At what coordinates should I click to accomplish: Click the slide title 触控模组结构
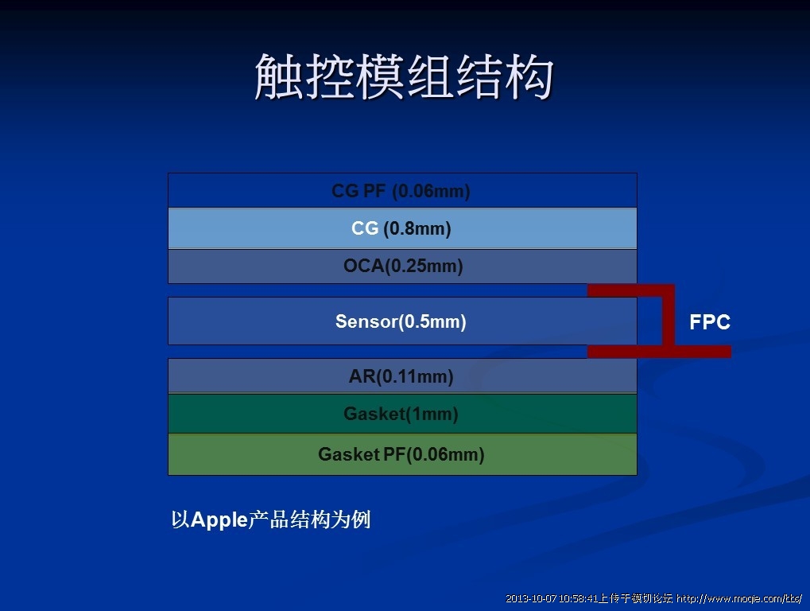404,76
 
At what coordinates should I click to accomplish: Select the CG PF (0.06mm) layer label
401,191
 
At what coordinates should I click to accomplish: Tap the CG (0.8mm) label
401,228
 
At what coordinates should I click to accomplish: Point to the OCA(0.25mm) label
403,266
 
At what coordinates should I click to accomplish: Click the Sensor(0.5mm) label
401,321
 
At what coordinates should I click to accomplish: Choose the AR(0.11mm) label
401,376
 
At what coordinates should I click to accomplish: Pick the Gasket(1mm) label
401,414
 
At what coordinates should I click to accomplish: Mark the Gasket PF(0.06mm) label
401,453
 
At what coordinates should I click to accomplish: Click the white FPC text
710,321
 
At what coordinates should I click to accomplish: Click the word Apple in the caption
219,520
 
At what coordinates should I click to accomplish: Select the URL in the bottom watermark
739,598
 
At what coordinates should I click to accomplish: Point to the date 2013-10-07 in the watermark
530,598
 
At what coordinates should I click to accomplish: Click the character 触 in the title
278,76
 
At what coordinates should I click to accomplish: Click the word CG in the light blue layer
365,228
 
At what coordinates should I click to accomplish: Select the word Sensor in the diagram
366,321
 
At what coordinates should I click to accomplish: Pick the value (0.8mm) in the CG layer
417,228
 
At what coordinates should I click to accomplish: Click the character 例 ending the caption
361,520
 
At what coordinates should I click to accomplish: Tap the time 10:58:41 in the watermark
578,598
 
